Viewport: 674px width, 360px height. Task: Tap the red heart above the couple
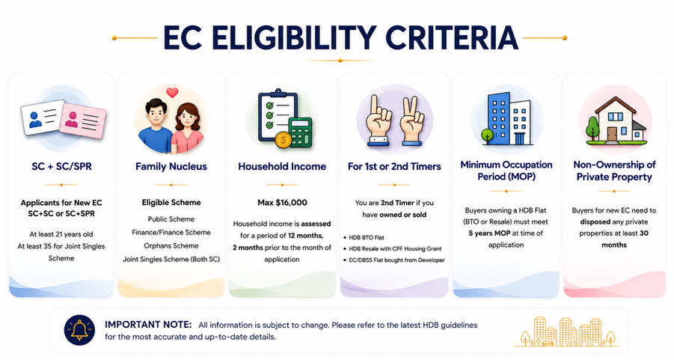coord(172,93)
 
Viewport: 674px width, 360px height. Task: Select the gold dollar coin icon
coord(283,140)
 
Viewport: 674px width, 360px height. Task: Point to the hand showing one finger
coord(379,121)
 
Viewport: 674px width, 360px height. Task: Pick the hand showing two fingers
coord(411,121)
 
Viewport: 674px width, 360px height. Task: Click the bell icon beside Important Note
coord(79,330)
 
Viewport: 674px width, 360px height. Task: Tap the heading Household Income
coord(282,166)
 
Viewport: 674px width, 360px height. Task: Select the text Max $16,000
coord(283,203)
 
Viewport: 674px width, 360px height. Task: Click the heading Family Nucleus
coord(171,166)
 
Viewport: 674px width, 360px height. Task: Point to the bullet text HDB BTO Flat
coord(367,237)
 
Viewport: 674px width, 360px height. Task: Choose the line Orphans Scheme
coord(171,245)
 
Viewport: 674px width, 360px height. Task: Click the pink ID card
coord(82,120)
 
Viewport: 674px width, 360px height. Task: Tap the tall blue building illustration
coord(499,119)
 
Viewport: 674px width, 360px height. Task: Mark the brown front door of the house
coord(612,134)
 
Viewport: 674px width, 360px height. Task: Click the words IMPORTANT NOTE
coord(148,324)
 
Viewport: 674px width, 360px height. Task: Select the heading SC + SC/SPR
coord(61,166)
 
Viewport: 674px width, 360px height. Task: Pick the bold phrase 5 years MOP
coord(490,233)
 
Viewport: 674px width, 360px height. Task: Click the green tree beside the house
coord(592,128)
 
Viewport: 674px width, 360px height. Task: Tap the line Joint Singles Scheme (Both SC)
coord(171,259)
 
